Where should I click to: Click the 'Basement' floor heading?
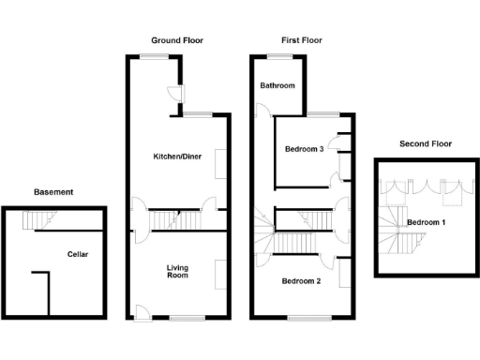[53, 192]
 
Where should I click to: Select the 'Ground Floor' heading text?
[177, 40]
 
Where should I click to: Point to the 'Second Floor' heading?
[426, 143]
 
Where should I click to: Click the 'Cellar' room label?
[78, 254]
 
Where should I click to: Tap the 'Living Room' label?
[177, 272]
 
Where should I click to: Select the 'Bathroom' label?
[277, 86]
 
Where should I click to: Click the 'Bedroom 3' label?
[305, 149]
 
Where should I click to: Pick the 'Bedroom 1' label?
[426, 222]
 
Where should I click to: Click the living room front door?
[141, 312]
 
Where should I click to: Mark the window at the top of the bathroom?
[278, 57]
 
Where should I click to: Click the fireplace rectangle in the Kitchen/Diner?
[221, 163]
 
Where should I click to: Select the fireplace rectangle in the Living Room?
[221, 274]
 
